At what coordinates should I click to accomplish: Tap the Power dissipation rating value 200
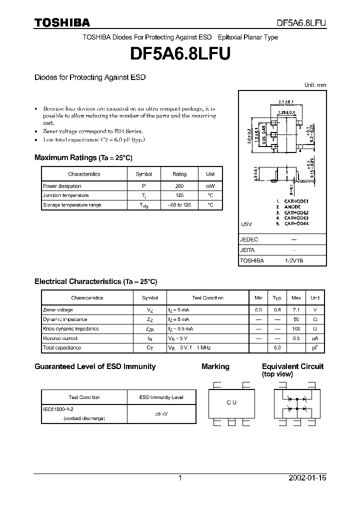point(179,186)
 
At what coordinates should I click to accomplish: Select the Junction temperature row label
point(65,195)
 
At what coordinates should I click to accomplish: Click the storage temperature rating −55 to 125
point(179,205)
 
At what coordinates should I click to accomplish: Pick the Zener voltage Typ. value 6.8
point(277,310)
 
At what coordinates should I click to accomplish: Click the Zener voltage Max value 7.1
point(296,310)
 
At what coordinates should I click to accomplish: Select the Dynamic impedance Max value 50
point(296,319)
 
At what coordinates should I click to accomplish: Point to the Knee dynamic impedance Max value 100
point(296,329)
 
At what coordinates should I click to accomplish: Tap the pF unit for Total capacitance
point(315,348)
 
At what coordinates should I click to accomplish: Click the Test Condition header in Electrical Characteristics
point(207,298)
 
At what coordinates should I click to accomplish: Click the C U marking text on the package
point(231,403)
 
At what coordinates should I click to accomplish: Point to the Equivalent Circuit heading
point(292,366)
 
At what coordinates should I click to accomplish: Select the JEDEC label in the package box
point(249,240)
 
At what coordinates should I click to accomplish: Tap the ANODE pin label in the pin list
point(292,206)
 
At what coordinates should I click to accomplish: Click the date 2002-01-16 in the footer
point(307,478)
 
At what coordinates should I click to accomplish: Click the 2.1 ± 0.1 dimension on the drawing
point(284,103)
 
